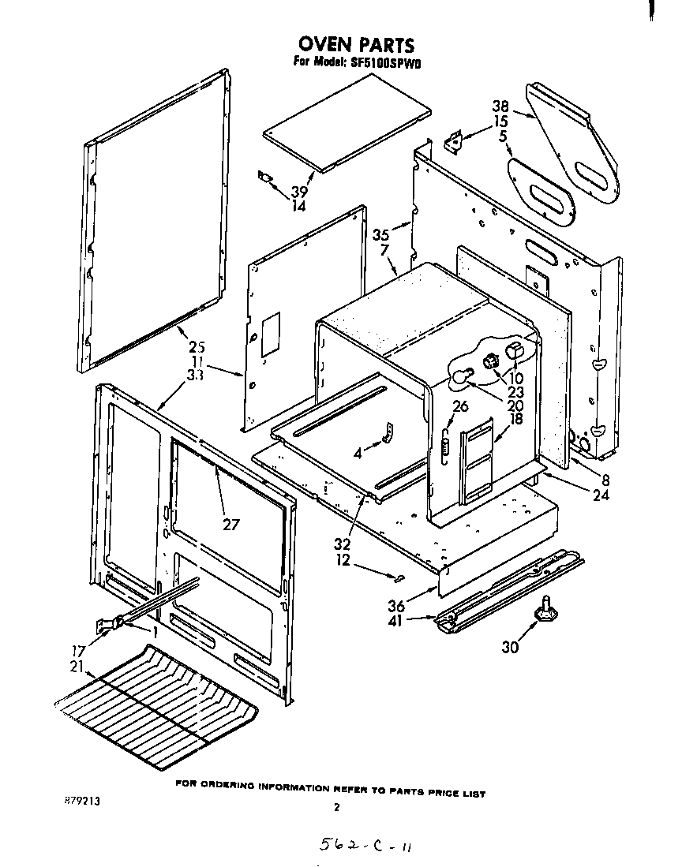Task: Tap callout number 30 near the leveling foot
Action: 511,647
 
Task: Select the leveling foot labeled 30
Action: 542,614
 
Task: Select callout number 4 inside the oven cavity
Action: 358,454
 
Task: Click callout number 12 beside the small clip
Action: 342,561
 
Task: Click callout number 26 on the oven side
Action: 461,407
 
